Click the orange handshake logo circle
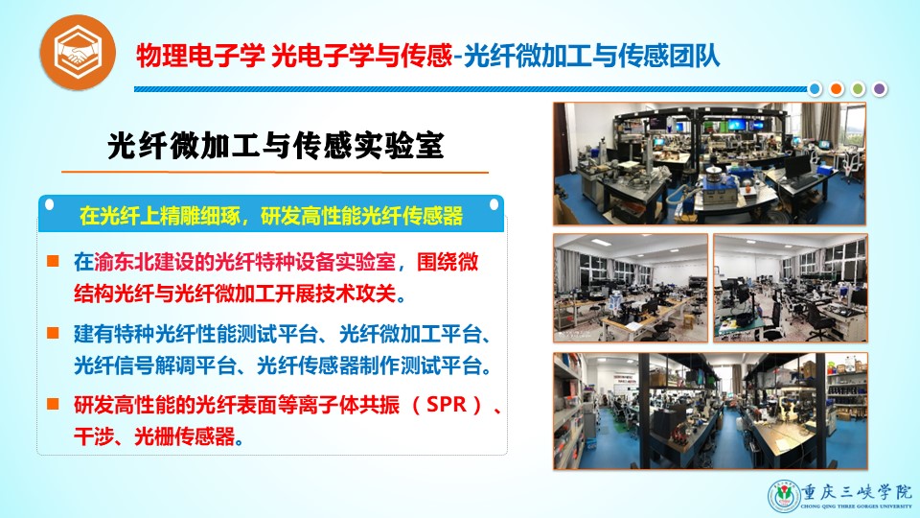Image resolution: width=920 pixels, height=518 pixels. [78, 52]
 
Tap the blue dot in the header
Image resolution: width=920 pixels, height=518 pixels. [815, 88]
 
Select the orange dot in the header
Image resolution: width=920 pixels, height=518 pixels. [836, 88]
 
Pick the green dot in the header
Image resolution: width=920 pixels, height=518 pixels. [858, 88]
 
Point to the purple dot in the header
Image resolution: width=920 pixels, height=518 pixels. [879, 88]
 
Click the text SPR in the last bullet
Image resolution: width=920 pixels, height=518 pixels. [447, 405]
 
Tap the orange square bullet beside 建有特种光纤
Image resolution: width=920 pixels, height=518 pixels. [53, 333]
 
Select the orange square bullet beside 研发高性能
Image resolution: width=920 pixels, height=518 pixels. [53, 404]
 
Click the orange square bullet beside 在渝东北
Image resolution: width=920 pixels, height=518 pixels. [53, 261]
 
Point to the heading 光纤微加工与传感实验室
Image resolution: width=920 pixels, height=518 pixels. [276, 146]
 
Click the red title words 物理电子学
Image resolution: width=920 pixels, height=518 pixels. [200, 57]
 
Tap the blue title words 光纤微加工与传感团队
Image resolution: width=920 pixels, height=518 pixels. [591, 57]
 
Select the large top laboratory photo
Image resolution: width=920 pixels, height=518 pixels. [709, 164]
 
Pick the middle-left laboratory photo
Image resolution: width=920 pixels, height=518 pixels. [631, 288]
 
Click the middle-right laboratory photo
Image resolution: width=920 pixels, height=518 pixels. [791, 288]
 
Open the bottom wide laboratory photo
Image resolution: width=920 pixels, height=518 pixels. [710, 412]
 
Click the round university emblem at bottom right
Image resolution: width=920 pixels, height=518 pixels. [785, 496]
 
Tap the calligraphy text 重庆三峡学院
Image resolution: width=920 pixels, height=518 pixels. [857, 491]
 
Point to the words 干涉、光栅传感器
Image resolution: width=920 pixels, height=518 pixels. [154, 436]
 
